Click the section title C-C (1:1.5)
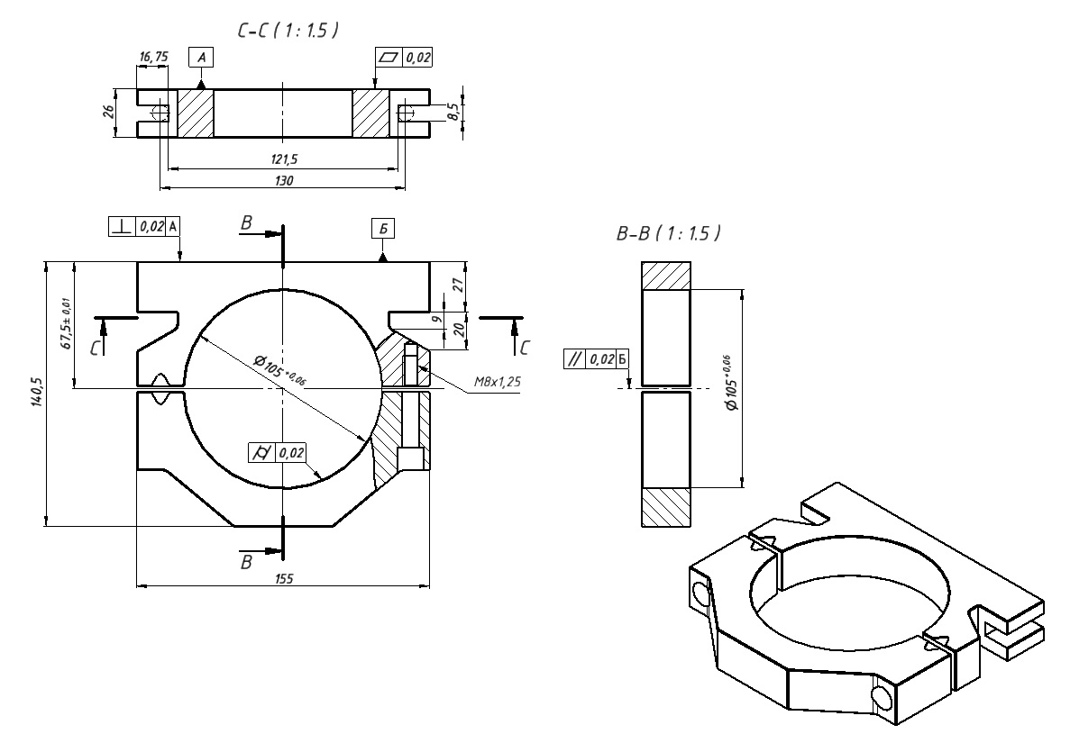[x=287, y=31]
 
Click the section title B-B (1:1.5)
[x=668, y=233]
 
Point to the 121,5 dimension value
[x=282, y=159]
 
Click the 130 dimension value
[x=282, y=180]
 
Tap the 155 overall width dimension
[x=282, y=578]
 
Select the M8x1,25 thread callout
[x=497, y=382]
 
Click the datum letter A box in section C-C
[x=201, y=57]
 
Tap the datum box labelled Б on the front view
[x=384, y=229]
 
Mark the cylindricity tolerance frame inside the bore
[x=278, y=452]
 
